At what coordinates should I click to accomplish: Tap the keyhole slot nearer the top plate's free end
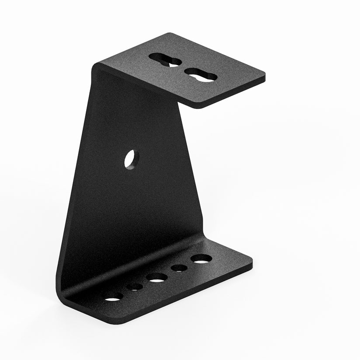point(200,74)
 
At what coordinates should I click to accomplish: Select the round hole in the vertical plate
point(131,159)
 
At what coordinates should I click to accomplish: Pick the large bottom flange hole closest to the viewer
point(113,297)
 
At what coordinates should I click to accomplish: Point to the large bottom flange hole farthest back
point(201,259)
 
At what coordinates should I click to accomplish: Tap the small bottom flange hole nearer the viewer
point(135,287)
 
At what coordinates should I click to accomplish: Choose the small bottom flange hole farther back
point(179,268)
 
